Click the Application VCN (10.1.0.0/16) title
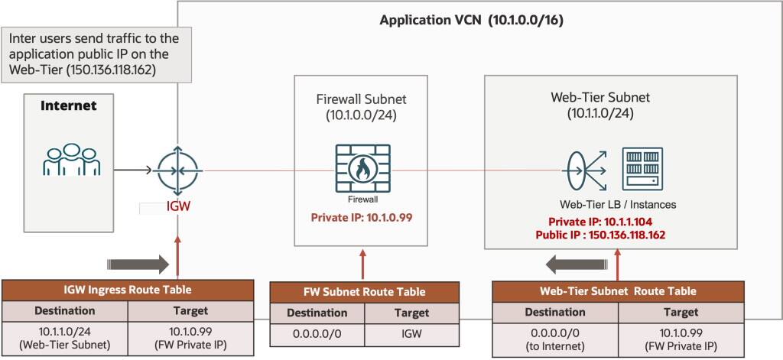point(472,20)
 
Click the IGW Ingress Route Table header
point(127,290)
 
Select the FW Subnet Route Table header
point(365,292)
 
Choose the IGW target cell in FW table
point(411,335)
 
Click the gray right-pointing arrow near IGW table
point(138,264)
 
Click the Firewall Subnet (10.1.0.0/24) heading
point(361,108)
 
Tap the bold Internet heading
point(68,105)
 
